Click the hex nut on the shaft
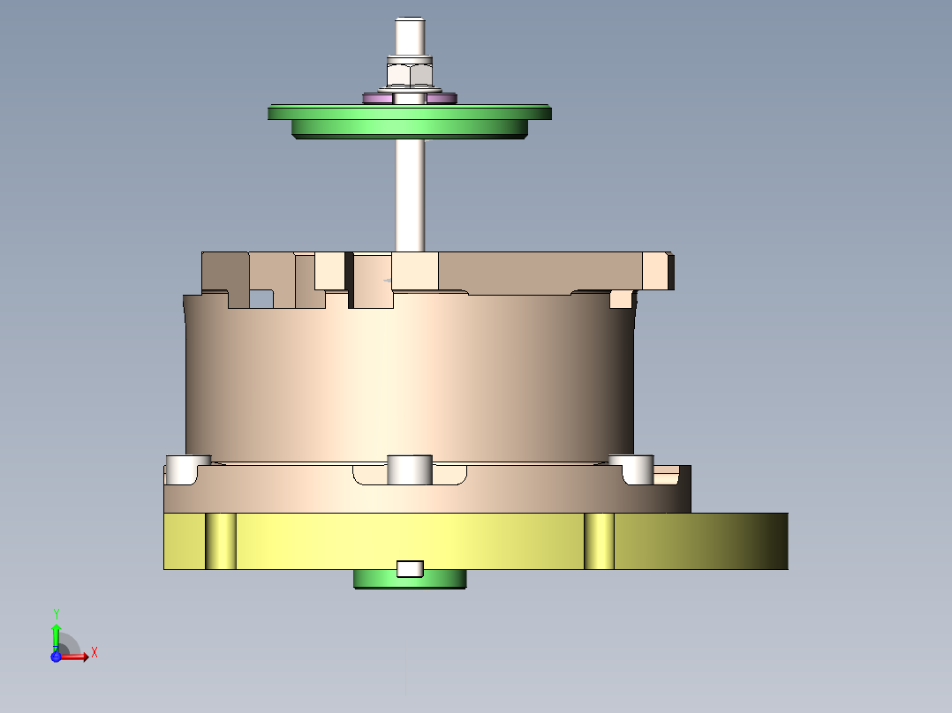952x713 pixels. pos(408,72)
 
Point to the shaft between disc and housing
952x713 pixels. pos(410,194)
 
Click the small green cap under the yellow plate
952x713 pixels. pos(410,580)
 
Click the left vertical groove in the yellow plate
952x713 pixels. pos(221,540)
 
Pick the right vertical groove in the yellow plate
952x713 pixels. pos(599,540)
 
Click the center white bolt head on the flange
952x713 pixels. pos(410,469)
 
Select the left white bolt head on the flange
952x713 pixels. pos(182,469)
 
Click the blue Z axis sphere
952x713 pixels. pos(56,657)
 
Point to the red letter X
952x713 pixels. pos(94,653)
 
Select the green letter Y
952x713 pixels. pos(57,613)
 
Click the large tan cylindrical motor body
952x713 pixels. pos(410,379)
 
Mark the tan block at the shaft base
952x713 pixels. pos(415,270)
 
